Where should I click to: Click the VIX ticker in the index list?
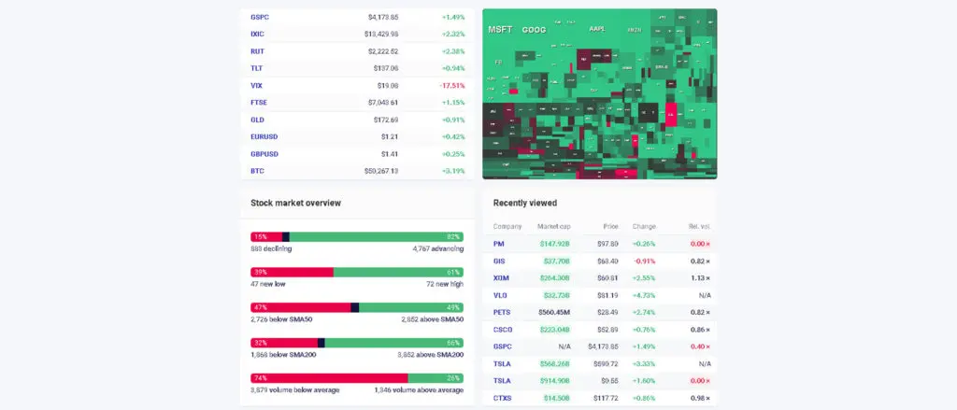[x=256, y=85]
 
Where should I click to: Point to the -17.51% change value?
[x=451, y=85]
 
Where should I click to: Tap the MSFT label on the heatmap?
[x=501, y=30]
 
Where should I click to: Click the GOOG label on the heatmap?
[x=534, y=30]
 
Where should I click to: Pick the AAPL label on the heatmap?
[x=596, y=29]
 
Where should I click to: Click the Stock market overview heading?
[x=295, y=203]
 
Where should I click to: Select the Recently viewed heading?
[x=525, y=203]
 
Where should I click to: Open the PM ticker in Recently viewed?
[x=498, y=244]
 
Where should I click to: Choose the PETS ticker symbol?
[x=502, y=312]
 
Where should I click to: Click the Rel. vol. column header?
[x=697, y=226]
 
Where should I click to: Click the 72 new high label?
[x=444, y=283]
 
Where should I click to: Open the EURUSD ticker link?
[x=264, y=136]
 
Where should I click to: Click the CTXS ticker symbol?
[x=502, y=398]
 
